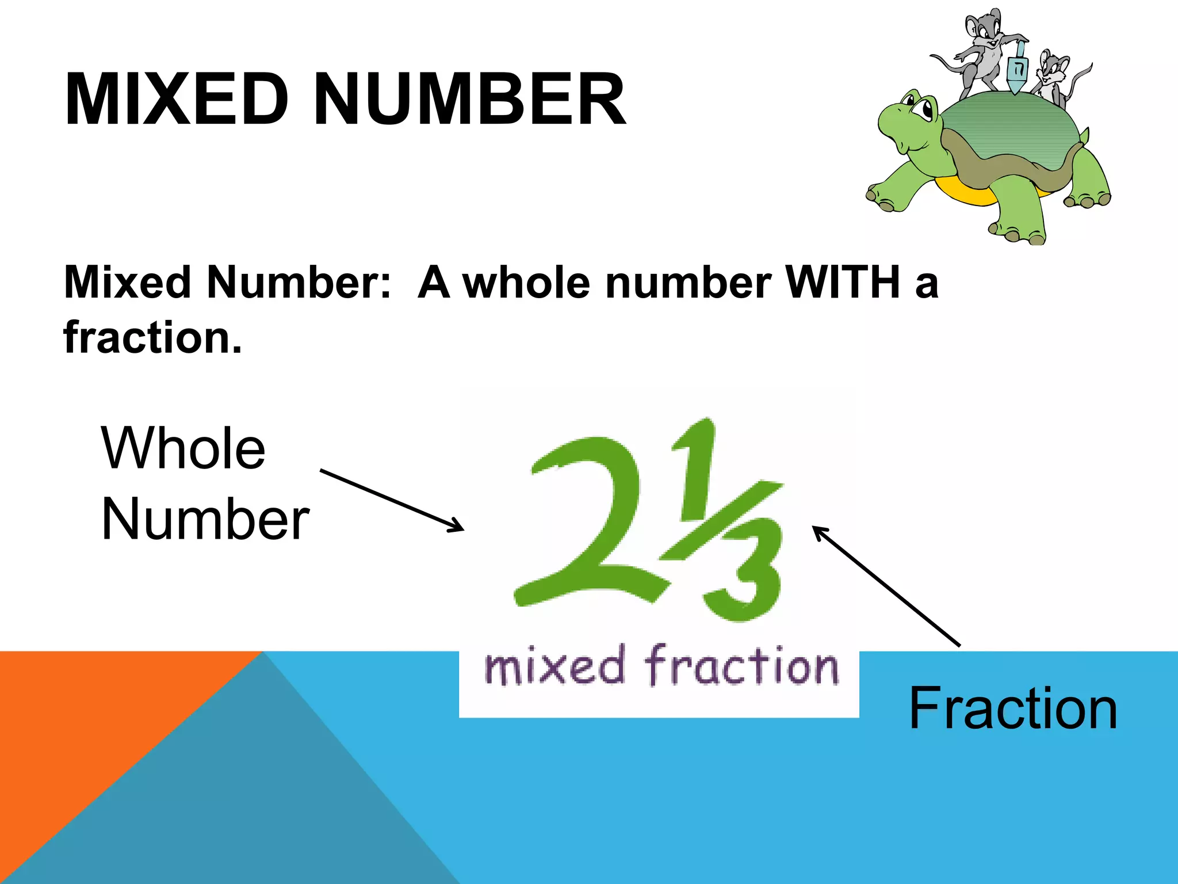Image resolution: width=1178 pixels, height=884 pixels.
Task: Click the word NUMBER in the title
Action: point(469,99)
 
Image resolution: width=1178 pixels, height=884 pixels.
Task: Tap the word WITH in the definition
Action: point(842,283)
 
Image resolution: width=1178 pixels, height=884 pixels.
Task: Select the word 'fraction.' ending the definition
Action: point(152,337)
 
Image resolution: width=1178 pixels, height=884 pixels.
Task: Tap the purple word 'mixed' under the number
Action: point(554,666)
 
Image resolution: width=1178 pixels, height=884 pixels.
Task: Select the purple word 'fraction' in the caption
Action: point(742,666)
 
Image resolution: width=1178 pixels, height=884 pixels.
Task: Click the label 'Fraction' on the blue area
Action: point(1013,709)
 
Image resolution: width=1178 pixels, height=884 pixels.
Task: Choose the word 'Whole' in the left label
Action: point(183,449)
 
